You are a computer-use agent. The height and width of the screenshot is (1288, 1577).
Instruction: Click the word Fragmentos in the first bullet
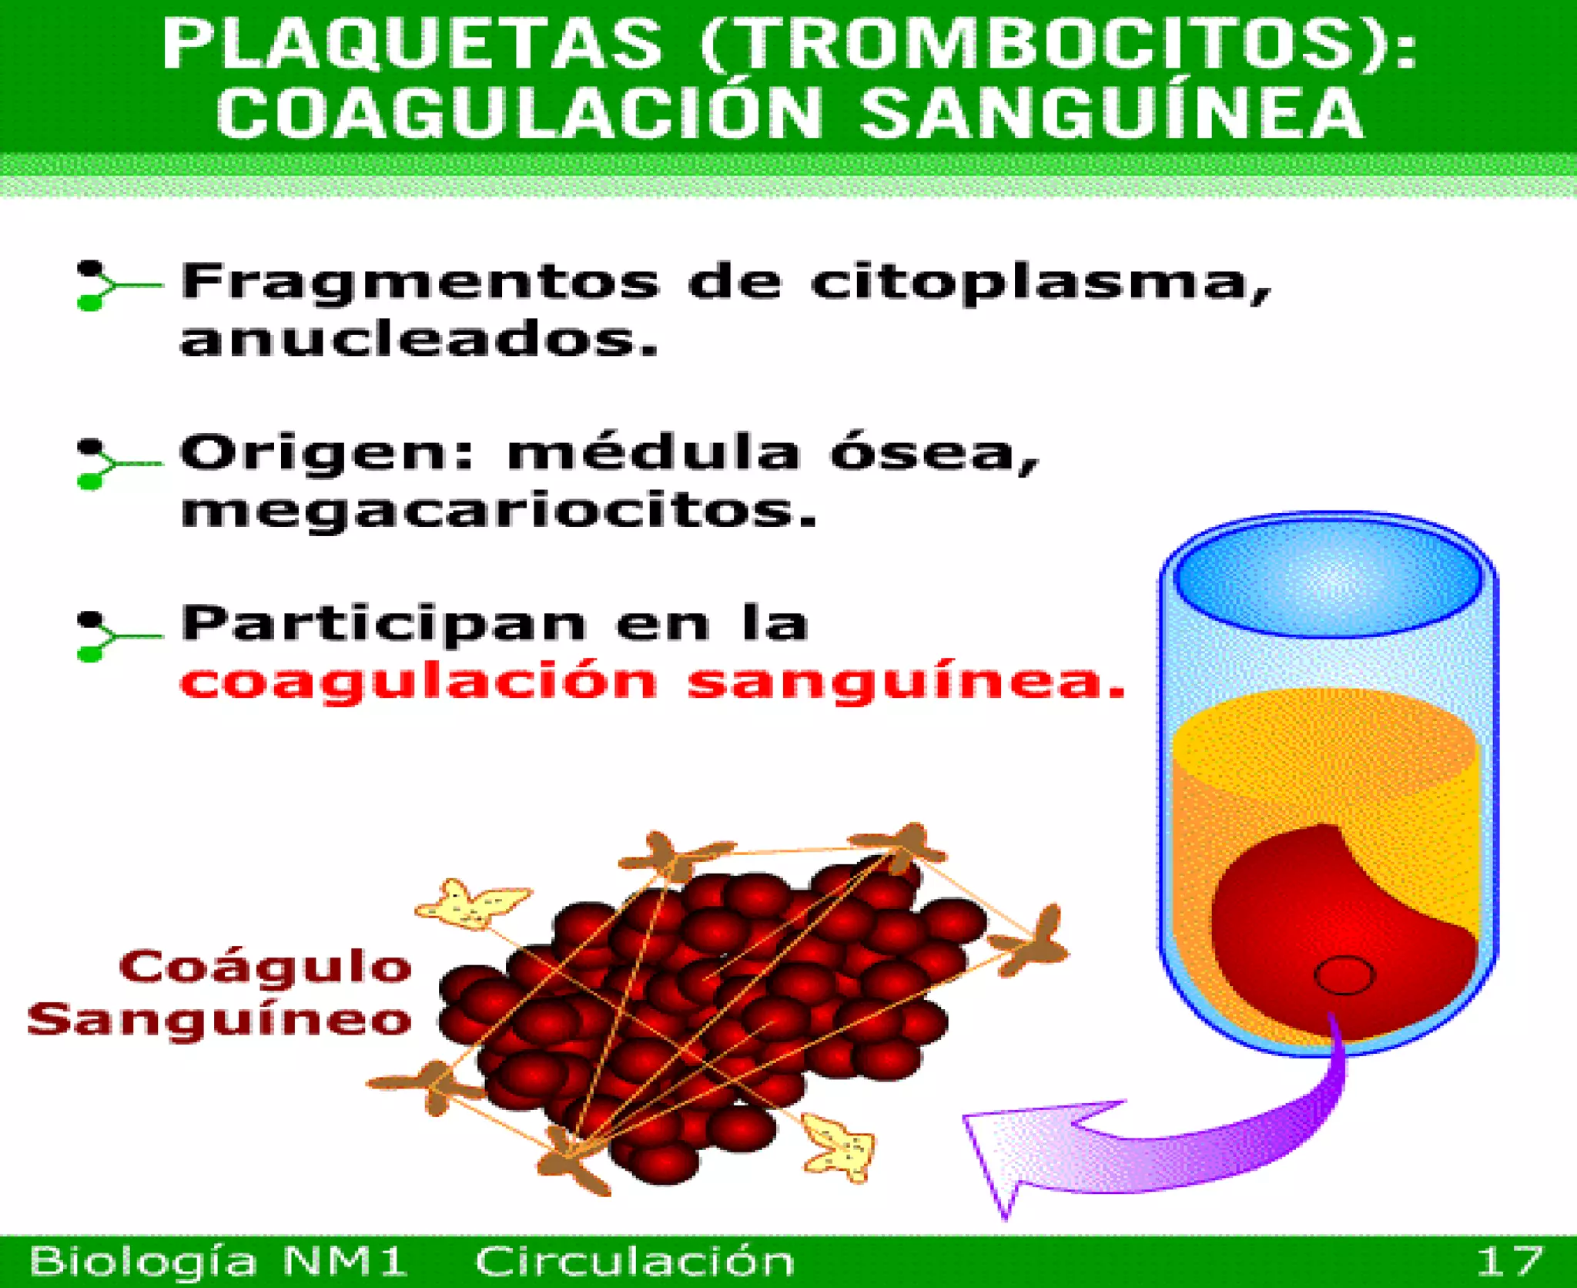coord(420,282)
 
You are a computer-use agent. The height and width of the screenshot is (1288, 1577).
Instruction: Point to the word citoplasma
coord(1040,283)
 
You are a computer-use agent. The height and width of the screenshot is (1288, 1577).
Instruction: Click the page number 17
coord(1509,1262)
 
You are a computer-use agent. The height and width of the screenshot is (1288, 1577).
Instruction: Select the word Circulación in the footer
coord(634,1262)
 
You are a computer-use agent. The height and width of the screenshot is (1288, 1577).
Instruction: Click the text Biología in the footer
coord(142,1262)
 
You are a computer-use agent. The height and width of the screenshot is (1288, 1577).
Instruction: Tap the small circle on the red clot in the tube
coord(1344,974)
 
